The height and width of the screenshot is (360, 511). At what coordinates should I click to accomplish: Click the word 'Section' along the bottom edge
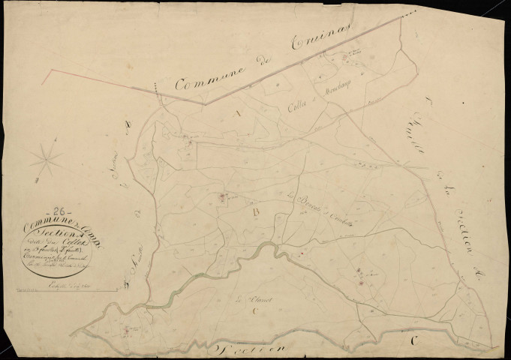coord(249,349)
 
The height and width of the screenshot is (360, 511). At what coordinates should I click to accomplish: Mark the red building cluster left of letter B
coord(223,197)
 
